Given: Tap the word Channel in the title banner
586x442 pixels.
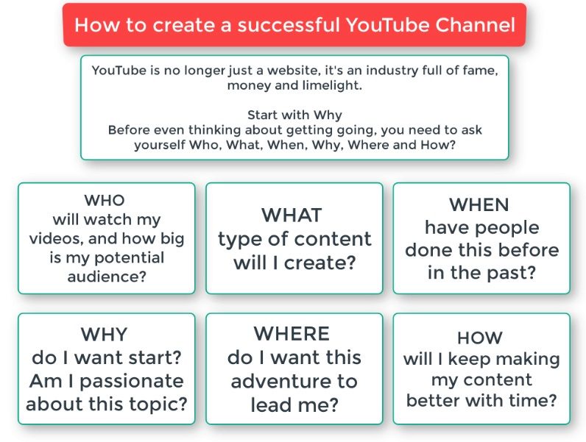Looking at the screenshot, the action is tap(475, 25).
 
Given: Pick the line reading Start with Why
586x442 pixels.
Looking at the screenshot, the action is tap(294, 115).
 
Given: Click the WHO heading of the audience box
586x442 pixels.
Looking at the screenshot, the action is tap(105, 201).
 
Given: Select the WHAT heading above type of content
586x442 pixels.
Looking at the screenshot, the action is tap(292, 215).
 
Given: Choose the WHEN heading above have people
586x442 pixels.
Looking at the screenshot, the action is tap(479, 204).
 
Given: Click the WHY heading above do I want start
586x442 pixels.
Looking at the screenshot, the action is tap(104, 335).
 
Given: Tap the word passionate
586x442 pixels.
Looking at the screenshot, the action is tap(132, 382).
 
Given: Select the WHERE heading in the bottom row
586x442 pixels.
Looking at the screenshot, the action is tap(292, 334).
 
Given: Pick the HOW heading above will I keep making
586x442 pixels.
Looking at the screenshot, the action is tap(480, 338).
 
